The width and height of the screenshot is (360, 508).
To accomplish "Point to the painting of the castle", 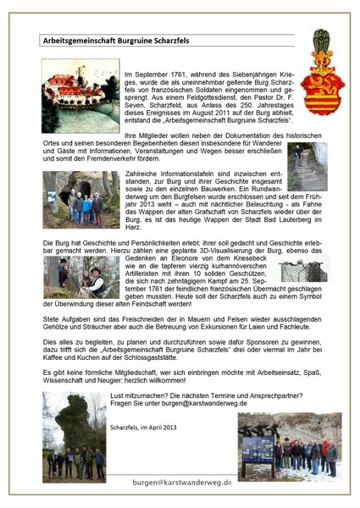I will tap(80, 84).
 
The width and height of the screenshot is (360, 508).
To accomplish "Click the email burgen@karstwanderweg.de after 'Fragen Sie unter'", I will tap(222, 403).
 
